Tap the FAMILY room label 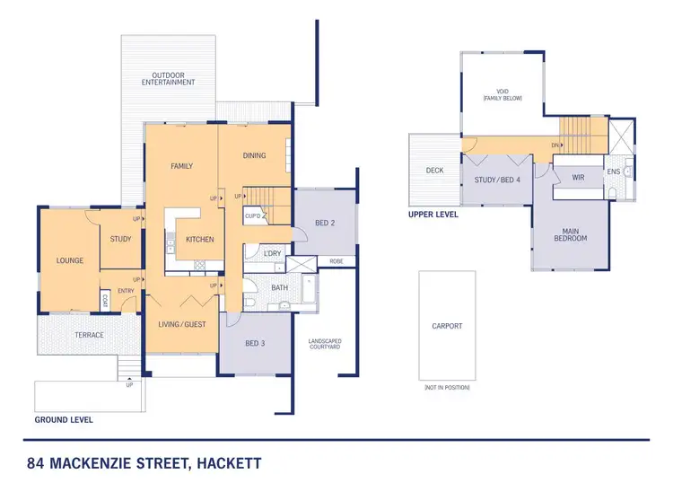pyautogui.click(x=182, y=166)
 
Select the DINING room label pyautogui.click(x=254, y=155)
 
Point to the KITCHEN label pyautogui.click(x=198, y=240)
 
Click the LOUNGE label pyautogui.click(x=69, y=261)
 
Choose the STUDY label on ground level pyautogui.click(x=121, y=239)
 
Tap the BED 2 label pyautogui.click(x=325, y=223)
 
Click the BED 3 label pyautogui.click(x=256, y=343)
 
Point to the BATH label pyautogui.click(x=278, y=288)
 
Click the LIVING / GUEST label pyautogui.click(x=181, y=324)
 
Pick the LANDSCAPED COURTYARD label pyautogui.click(x=325, y=344)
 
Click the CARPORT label pyautogui.click(x=447, y=326)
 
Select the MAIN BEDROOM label pyautogui.click(x=571, y=234)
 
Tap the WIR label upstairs pyautogui.click(x=579, y=177)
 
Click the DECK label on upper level pyautogui.click(x=435, y=170)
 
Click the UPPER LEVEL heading pyautogui.click(x=433, y=215)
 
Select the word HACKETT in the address pyautogui.click(x=227, y=465)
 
